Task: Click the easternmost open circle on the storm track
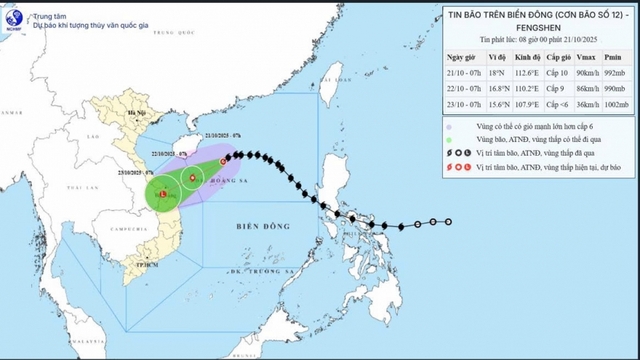(x=448, y=222)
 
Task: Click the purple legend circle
(x=450, y=128)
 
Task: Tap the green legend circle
(x=450, y=143)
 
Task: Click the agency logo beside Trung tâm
(x=11, y=20)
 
